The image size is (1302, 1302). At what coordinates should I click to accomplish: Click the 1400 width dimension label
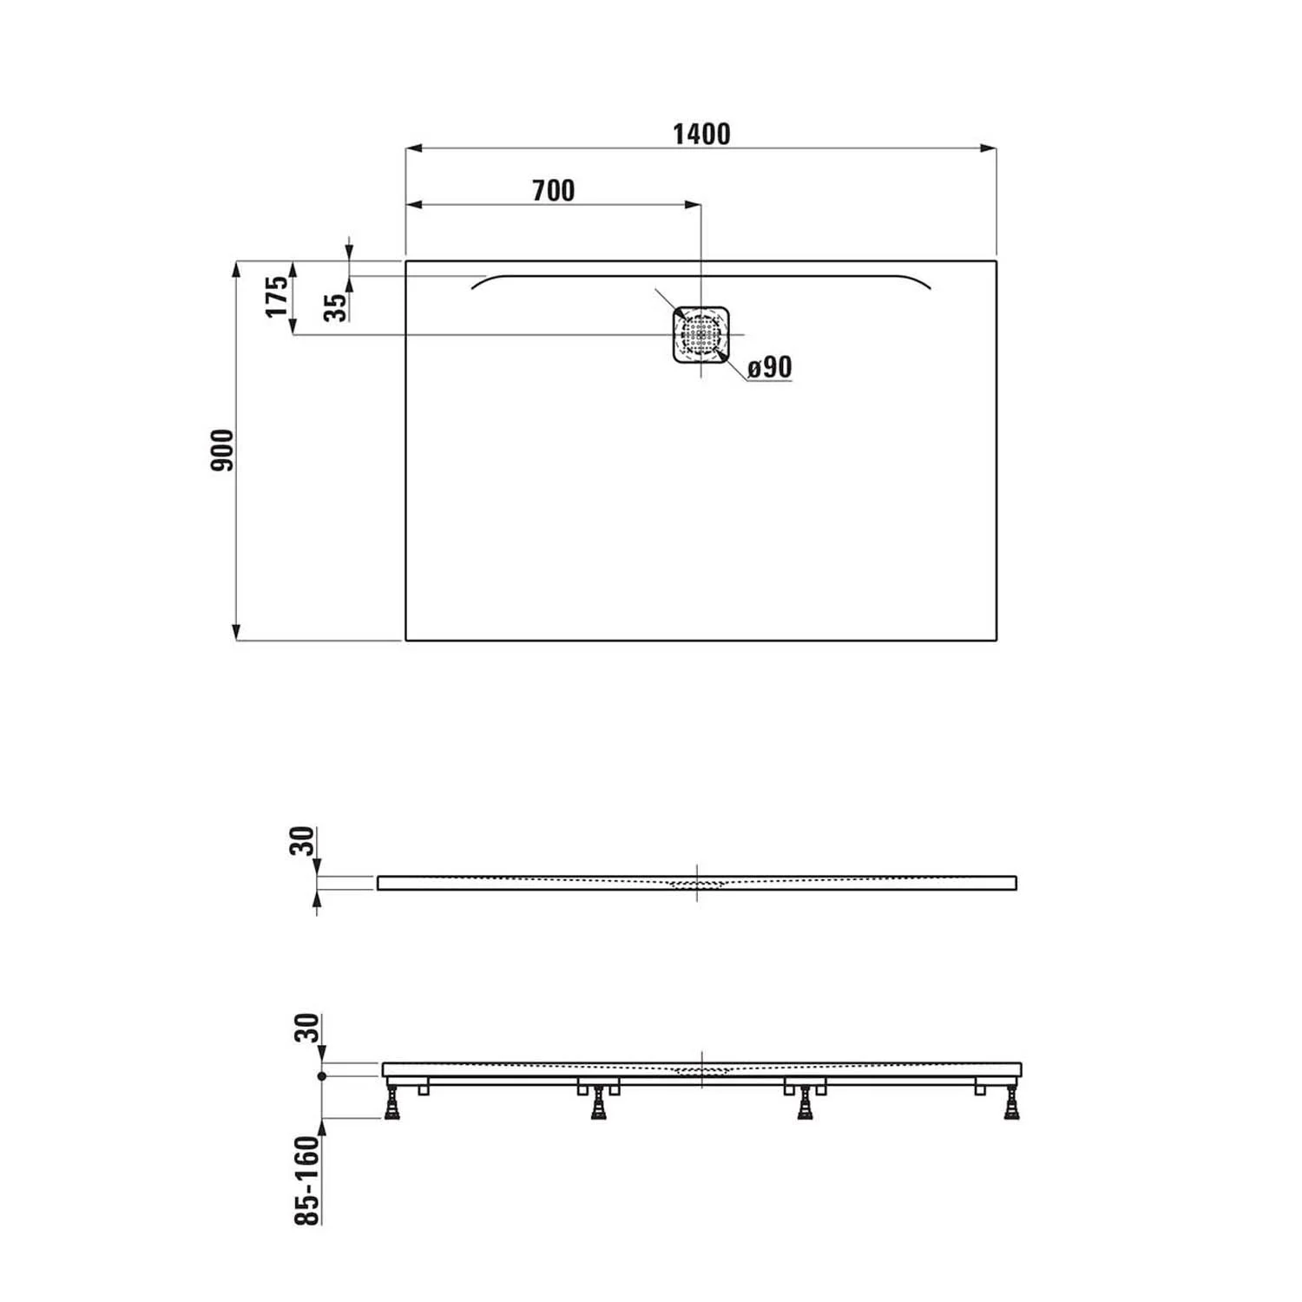point(701,134)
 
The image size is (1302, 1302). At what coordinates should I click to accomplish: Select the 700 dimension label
point(553,190)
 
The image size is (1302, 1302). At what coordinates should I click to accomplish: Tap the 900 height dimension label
point(222,450)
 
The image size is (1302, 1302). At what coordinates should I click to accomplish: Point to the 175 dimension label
point(276,296)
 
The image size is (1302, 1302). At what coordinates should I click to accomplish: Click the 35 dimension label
point(335,307)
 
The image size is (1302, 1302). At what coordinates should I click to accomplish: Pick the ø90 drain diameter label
point(770,367)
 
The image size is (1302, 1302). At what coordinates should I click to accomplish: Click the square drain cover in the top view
point(700,334)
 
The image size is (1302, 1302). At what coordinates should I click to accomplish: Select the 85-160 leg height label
point(307,1180)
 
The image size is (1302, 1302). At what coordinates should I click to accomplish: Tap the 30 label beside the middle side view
point(301,841)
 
